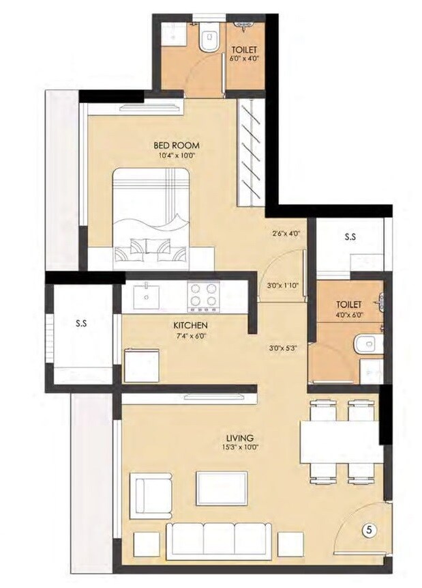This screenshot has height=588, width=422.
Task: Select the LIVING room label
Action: [x=240, y=437]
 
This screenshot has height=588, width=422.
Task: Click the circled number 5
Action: [x=369, y=529]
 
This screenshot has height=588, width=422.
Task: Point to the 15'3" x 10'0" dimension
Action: [x=240, y=448]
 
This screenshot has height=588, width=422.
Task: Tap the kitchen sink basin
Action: [x=147, y=294]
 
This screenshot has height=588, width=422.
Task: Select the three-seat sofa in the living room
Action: [x=219, y=539]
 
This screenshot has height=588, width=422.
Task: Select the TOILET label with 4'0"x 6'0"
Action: [x=348, y=305]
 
